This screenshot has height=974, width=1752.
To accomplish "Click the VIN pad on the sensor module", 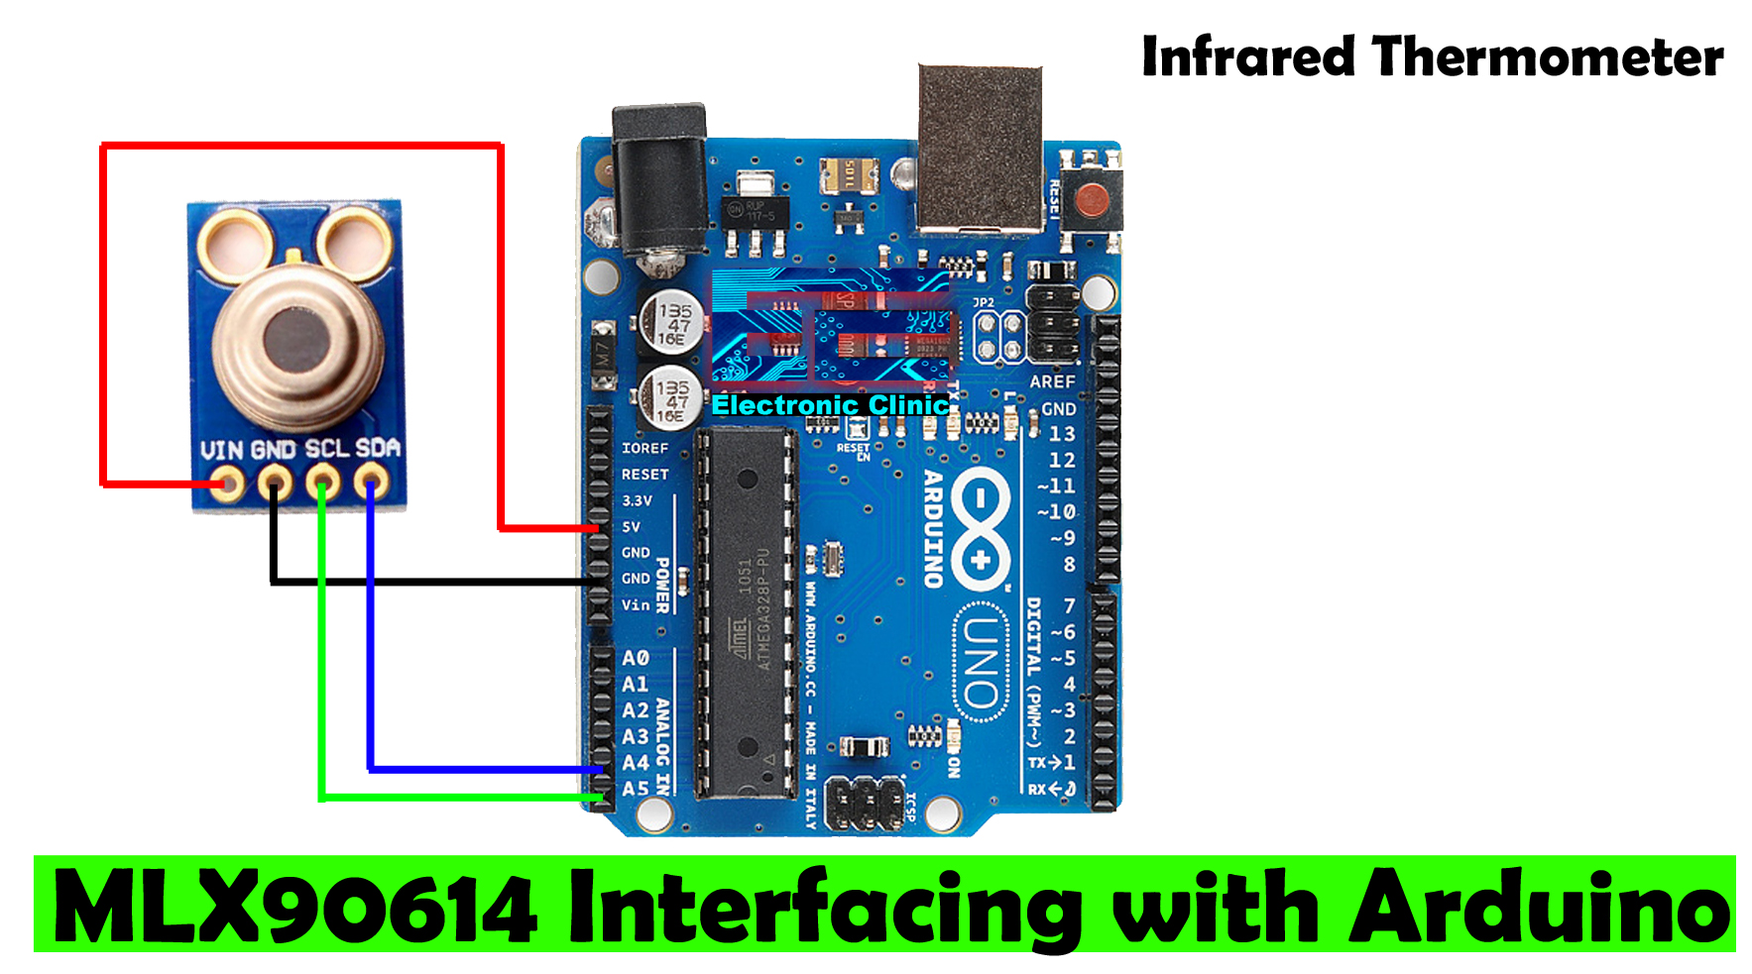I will click(228, 485).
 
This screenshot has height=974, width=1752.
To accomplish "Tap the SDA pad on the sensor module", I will click(373, 485).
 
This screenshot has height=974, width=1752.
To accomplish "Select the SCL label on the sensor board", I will click(326, 449).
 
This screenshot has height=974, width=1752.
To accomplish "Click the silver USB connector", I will click(980, 149).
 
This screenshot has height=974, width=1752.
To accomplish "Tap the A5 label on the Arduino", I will click(636, 789).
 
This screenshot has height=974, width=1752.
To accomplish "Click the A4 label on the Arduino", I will click(636, 763).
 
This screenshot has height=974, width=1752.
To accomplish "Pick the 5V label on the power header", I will click(632, 527).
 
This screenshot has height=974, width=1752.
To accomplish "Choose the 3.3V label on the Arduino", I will click(637, 500).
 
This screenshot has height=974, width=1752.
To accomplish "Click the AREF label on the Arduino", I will click(1052, 381).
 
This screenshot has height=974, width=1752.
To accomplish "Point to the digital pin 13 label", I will click(1061, 434).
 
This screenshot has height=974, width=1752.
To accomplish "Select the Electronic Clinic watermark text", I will click(830, 405).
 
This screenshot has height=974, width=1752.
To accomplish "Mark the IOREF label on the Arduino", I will click(644, 448).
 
